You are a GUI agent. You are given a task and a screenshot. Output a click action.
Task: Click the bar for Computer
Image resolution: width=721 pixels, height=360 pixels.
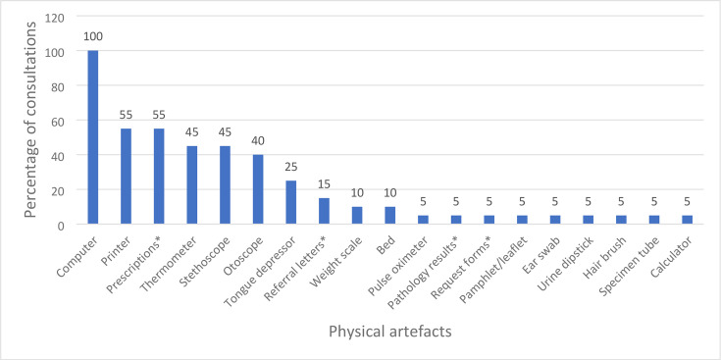click(93, 137)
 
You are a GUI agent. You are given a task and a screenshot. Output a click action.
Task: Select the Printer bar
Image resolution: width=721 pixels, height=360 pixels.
click(126, 177)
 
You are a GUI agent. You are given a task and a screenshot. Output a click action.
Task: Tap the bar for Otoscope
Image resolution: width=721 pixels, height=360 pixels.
click(258, 189)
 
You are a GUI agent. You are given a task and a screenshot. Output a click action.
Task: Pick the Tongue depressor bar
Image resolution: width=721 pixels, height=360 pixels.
click(291, 202)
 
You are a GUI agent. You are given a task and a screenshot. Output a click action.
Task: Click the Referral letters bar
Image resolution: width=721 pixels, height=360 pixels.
click(324, 211)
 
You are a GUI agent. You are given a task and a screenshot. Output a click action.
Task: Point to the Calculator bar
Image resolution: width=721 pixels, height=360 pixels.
click(688, 220)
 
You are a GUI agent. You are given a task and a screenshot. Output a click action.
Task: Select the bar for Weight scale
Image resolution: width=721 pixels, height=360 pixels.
click(357, 215)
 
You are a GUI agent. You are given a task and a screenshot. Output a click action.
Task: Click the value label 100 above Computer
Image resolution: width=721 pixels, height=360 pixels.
click(93, 36)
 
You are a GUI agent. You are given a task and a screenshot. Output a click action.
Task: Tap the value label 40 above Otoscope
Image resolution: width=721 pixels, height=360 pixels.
click(258, 141)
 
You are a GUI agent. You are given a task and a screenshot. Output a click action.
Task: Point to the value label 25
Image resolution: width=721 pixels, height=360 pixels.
click(291, 167)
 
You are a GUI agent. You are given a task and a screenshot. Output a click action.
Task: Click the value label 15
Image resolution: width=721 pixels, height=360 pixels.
click(324, 184)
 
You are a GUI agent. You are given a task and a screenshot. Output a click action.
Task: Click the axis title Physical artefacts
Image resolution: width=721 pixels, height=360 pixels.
click(390, 332)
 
